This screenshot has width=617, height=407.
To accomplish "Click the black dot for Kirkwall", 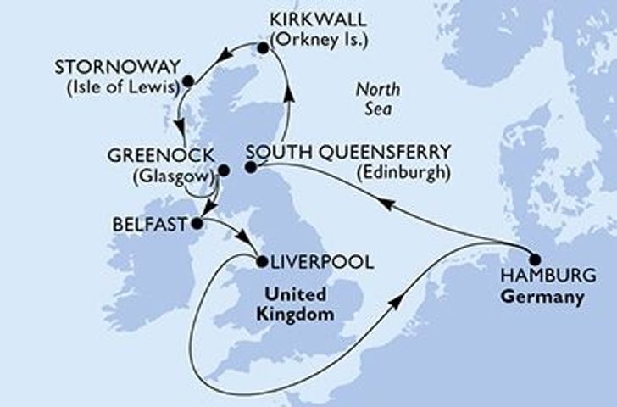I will pos(263,49).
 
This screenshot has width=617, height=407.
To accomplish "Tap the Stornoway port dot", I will pos(188,81).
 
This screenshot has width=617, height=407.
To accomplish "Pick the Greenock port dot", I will pos(224,170).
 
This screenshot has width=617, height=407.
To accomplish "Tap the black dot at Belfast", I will pos(196,224).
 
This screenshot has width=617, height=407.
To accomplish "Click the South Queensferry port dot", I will pos(251,168).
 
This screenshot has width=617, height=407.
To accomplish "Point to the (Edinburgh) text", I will pos(402,171).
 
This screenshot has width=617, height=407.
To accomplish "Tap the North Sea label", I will pos(376,98).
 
